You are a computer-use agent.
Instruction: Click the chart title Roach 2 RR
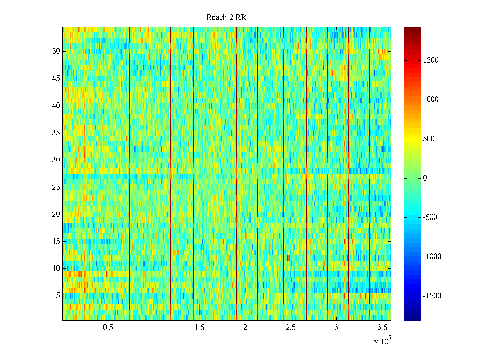tap(226, 18)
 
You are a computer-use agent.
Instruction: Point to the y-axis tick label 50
tap(56, 51)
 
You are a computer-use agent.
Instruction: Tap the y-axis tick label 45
tap(56, 79)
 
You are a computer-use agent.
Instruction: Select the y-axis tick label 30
tap(56, 160)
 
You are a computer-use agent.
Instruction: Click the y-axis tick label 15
tap(56, 241)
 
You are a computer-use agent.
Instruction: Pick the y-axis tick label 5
tap(58, 296)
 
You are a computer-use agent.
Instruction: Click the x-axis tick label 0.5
tap(108, 328)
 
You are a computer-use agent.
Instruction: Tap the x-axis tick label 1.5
tap(199, 328)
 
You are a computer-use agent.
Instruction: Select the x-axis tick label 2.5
tap(291, 328)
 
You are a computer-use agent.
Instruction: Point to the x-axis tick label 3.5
tap(382, 328)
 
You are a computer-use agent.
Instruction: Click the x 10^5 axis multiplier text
tap(382, 341)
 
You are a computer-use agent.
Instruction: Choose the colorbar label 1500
tap(431, 60)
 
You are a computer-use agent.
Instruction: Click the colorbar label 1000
tap(431, 100)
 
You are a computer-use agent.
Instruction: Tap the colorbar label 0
tap(425, 178)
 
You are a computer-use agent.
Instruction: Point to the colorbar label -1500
tap(432, 296)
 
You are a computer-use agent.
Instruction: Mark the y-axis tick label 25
tap(56, 187)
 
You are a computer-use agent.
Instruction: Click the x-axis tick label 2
tap(245, 328)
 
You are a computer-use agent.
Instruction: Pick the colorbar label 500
tap(429, 139)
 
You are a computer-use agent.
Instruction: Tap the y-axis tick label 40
tap(56, 106)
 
